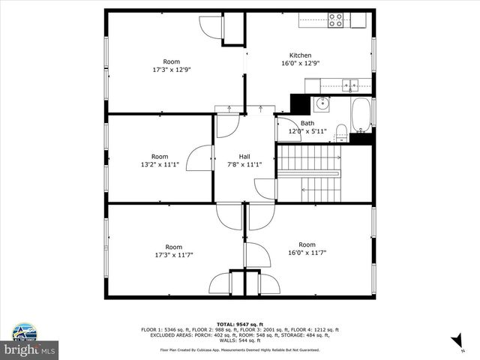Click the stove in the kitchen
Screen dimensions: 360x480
point(335,20)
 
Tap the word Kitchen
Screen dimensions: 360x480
point(301,55)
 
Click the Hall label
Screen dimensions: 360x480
point(244,156)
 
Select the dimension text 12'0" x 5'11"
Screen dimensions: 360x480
point(307,131)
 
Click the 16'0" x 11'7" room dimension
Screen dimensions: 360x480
point(307,253)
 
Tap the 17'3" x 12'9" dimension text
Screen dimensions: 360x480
point(172,70)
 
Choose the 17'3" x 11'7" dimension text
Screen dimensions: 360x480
point(173,255)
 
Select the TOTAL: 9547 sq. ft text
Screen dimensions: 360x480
point(239,324)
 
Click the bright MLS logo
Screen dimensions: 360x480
point(30,349)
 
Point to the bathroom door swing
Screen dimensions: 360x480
point(286,129)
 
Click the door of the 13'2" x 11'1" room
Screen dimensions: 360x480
point(199,160)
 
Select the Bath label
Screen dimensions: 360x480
point(307,123)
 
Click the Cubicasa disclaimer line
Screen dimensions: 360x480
point(239,349)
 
